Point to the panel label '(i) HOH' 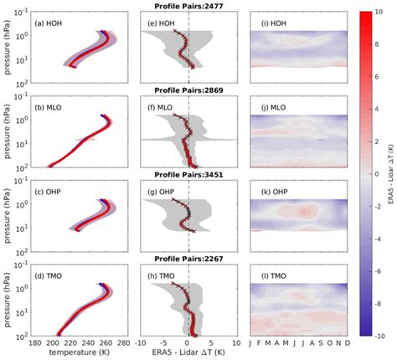(272, 22)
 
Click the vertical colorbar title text (390, 176)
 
